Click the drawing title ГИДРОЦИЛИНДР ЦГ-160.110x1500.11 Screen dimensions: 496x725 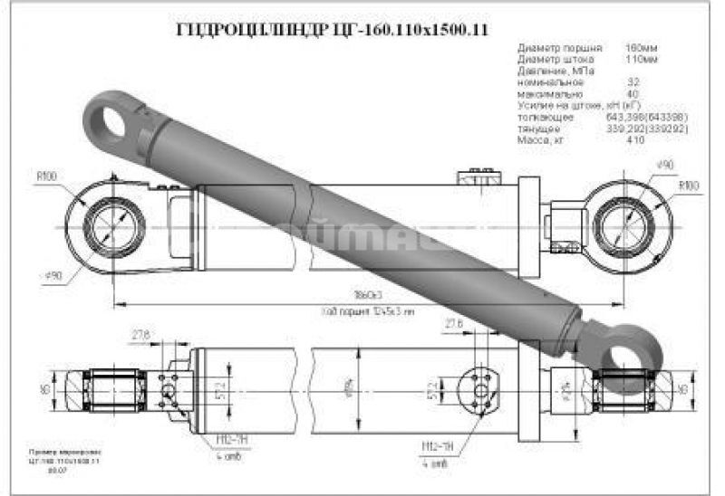click(x=331, y=29)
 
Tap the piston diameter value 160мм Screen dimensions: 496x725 click(x=640, y=45)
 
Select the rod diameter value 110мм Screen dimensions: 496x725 click(x=640, y=57)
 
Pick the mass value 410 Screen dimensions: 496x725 click(x=635, y=140)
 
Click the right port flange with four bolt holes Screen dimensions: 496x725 click(x=479, y=390)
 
